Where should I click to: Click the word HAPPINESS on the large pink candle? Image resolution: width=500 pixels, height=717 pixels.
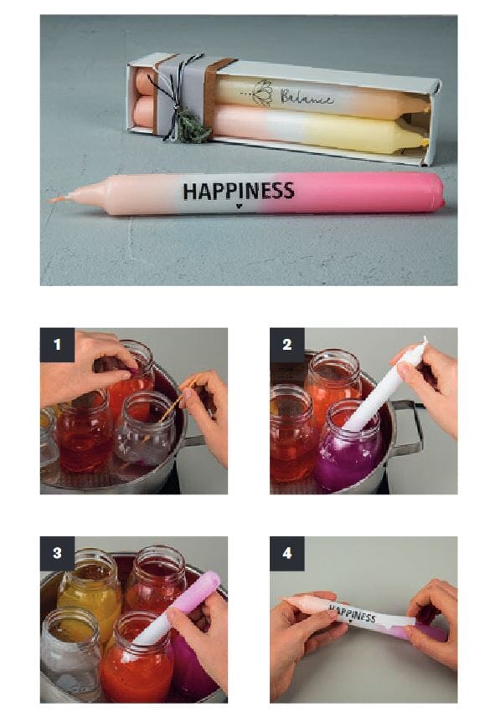pyautogui.click(x=239, y=191)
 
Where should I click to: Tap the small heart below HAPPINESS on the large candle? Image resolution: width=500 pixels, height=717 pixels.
pyautogui.click(x=239, y=206)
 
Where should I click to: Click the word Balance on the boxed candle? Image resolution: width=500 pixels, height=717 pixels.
pyautogui.click(x=307, y=97)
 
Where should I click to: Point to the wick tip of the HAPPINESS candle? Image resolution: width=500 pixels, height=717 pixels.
pyautogui.click(x=50, y=200)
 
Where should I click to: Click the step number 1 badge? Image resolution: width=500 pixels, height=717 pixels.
pyautogui.click(x=57, y=345)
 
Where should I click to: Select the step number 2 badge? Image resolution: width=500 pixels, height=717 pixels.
pyautogui.click(x=287, y=345)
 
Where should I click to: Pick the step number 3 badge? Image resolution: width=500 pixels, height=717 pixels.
pyautogui.click(x=57, y=553)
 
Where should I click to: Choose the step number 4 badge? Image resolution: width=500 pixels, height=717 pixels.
pyautogui.click(x=287, y=553)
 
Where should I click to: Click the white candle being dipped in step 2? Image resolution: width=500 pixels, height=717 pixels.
pyautogui.click(x=384, y=392)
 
